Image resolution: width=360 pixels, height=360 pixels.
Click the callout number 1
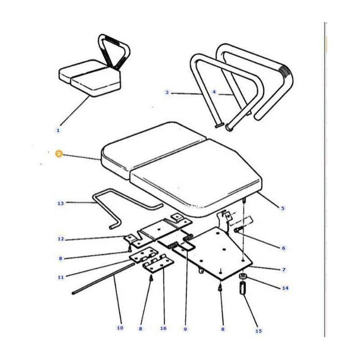pos(58,130)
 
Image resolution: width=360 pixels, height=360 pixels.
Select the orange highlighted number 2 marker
pos(58,154)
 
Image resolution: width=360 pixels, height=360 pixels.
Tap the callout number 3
pos(167,93)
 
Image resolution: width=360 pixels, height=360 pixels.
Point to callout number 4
pos(214,92)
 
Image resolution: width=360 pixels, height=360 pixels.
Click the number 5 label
pos(283,208)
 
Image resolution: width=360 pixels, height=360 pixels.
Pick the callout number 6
pos(283,248)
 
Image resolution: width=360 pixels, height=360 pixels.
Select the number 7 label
pos(283,270)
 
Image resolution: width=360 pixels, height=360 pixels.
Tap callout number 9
pos(185,329)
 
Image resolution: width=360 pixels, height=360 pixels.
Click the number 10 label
pos(120,328)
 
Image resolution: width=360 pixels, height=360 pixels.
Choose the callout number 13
pos(61,203)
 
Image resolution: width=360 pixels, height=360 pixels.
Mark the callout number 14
pos(284,288)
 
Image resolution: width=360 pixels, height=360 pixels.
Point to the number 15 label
pos(258,331)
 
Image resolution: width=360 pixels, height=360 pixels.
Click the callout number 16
pos(163,328)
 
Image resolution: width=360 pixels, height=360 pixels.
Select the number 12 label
pos(61,239)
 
